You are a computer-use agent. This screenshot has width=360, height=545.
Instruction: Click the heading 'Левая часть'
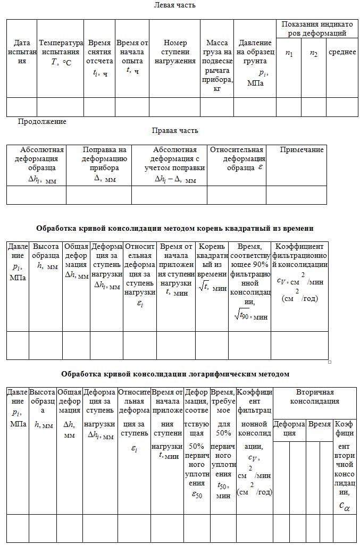tap(174, 5)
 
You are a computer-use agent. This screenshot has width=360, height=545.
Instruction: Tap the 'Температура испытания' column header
tap(61, 52)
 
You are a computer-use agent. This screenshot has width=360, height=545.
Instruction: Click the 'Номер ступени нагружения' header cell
tap(175, 52)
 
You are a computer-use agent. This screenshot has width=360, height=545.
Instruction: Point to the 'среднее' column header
tap(342, 52)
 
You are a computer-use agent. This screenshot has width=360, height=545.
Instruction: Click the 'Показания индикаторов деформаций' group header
tap(317, 29)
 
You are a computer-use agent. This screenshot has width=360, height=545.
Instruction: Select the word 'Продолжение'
tap(42, 122)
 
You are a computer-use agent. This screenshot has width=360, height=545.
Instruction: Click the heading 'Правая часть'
tap(175, 130)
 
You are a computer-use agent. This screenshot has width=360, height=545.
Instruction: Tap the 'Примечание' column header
tap(302, 150)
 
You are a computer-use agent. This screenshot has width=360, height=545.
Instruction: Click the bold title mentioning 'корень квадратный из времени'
tap(174, 228)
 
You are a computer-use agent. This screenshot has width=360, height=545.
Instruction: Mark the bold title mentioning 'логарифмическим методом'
tap(175, 374)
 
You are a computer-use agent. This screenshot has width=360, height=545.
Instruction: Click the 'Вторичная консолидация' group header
tap(314, 397)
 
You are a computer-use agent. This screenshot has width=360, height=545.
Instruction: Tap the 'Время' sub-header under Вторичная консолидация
tap(320, 425)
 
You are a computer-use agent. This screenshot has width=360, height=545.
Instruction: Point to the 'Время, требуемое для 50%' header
tap(223, 444)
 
